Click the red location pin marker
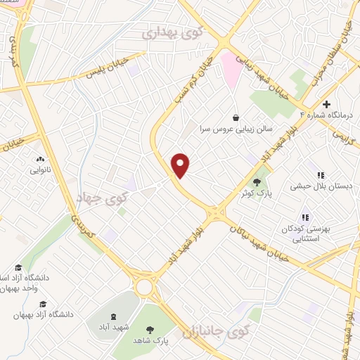[181, 165]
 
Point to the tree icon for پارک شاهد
[149, 328]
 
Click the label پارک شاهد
[153, 340]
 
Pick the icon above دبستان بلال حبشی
[320, 175]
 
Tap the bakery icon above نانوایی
[39, 160]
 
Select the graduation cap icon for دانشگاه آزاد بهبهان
[43, 304]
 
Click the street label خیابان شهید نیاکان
[262, 238]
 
